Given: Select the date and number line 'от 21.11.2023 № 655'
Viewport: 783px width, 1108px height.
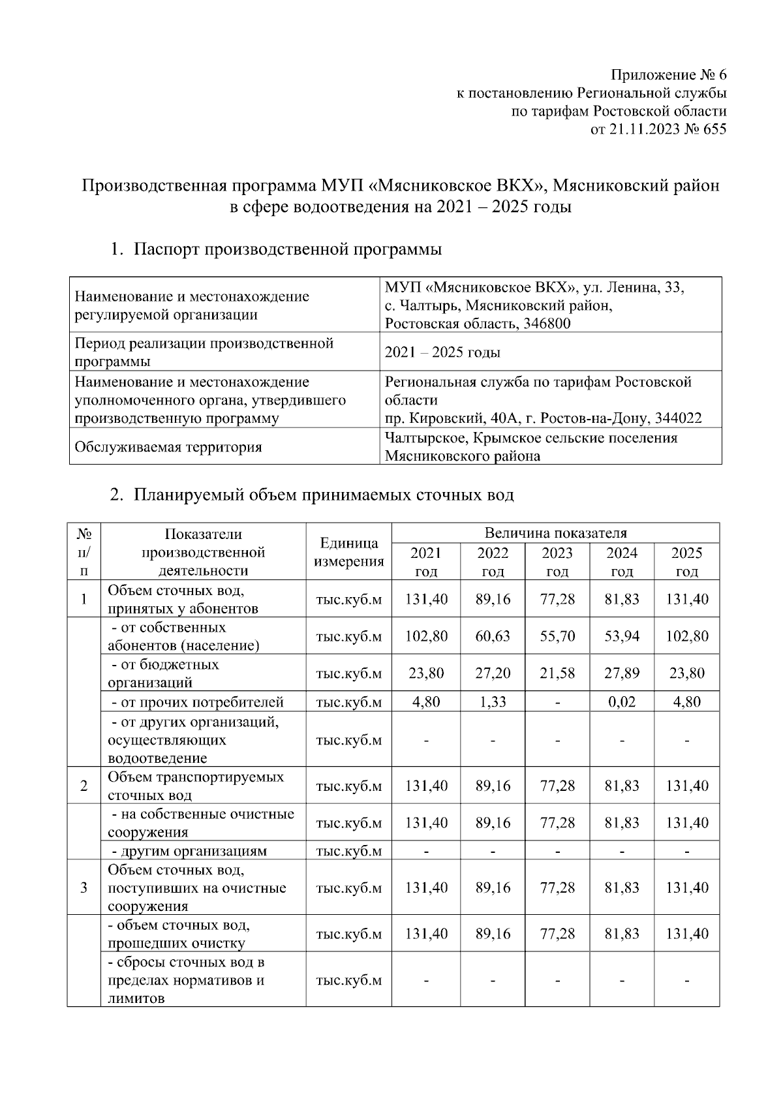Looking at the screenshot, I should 658,129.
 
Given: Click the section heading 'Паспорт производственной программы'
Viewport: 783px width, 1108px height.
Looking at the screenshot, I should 288,249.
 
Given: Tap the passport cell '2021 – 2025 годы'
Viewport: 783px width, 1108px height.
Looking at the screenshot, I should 442,352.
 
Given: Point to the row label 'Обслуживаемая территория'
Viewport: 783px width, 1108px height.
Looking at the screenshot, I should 168,447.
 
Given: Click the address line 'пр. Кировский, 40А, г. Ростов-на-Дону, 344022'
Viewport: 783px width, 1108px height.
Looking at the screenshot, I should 543,418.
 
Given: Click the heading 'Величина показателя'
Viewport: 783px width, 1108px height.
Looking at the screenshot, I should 555,533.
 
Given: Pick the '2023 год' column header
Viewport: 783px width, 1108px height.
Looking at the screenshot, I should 557,562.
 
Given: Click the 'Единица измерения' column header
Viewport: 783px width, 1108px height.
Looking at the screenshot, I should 348,552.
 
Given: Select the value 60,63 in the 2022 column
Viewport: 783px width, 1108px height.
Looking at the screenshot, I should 493,636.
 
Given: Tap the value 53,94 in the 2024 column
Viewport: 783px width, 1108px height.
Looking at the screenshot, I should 621,636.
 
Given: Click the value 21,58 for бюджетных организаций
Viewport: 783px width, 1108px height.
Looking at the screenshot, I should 557,673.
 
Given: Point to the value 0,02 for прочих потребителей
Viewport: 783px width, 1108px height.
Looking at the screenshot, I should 621,702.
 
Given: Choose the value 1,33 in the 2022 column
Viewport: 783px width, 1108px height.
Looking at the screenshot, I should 493,702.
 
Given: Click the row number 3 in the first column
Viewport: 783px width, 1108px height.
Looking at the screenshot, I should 84,888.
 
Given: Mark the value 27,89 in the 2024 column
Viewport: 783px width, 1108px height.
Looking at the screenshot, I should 621,673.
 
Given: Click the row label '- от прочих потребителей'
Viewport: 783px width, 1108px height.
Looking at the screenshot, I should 197,702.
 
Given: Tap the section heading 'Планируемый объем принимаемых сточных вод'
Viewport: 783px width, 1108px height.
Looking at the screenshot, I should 324,495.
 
